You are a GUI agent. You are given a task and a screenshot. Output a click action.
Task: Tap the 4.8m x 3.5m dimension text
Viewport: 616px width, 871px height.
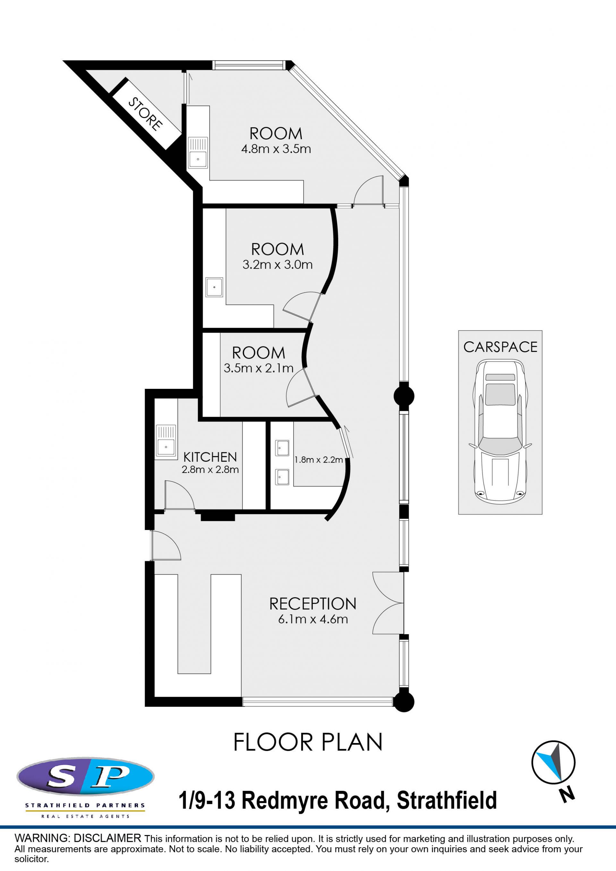pyautogui.click(x=276, y=149)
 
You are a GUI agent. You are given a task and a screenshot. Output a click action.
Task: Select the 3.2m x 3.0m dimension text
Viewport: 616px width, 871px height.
pyautogui.click(x=278, y=264)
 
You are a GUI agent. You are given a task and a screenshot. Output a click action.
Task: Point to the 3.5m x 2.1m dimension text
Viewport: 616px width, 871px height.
pyautogui.click(x=259, y=368)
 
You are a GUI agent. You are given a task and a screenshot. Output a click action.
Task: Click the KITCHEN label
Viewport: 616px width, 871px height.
pyautogui.click(x=210, y=457)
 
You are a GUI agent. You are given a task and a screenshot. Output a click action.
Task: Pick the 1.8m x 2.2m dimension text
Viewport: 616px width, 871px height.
pyautogui.click(x=319, y=460)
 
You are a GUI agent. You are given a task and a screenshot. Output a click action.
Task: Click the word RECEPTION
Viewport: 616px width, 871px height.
pyautogui.click(x=313, y=604)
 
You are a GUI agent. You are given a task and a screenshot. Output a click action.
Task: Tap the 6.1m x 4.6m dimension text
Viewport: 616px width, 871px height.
pyautogui.click(x=313, y=619)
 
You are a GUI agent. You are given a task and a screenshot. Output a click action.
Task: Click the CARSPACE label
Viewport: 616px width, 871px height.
pyautogui.click(x=500, y=347)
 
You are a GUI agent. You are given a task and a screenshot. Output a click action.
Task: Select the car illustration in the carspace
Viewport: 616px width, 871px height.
pyautogui.click(x=500, y=432)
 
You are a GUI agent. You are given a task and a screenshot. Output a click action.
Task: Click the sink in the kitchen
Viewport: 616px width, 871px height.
pyautogui.click(x=166, y=440)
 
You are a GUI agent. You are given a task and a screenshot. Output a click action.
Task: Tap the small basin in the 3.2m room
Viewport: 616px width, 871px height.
pyautogui.click(x=214, y=287)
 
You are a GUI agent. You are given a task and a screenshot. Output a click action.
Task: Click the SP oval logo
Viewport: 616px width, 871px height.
pyautogui.click(x=85, y=777)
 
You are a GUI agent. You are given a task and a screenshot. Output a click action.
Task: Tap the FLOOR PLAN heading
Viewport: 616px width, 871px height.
pyautogui.click(x=308, y=742)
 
